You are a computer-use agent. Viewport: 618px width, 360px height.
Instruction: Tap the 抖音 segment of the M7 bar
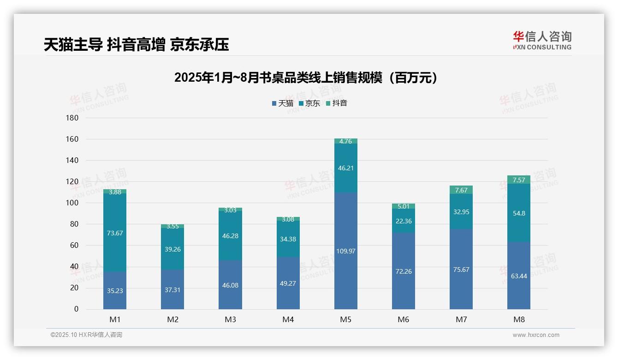coord(461,190)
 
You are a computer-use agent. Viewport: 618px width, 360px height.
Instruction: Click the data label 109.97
coord(345,251)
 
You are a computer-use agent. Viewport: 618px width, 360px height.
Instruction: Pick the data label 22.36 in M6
coord(404,221)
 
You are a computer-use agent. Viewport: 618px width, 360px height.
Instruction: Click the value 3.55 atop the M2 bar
coord(172,226)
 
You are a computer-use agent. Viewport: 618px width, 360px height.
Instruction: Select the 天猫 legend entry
coord(282,103)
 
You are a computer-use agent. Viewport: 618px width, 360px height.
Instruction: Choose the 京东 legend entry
coord(309,103)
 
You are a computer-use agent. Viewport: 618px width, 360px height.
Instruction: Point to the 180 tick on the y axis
coord(72,118)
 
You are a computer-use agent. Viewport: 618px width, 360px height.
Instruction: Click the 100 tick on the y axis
coord(72,203)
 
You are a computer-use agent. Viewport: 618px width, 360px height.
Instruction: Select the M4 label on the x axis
coord(288,319)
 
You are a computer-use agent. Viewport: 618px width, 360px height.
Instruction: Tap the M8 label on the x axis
coord(519,319)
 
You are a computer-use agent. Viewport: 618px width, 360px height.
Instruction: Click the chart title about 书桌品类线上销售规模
coord(305,78)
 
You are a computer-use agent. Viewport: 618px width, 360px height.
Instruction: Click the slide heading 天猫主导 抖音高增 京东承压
coord(137,45)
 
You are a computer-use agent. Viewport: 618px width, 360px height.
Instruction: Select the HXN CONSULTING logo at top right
coord(542,41)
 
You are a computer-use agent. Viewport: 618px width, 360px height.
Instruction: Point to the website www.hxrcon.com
coord(536,335)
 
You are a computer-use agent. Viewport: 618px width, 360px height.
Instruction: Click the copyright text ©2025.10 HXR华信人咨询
coord(86,335)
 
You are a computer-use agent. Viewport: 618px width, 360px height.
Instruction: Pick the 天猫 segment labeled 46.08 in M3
coord(230,285)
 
